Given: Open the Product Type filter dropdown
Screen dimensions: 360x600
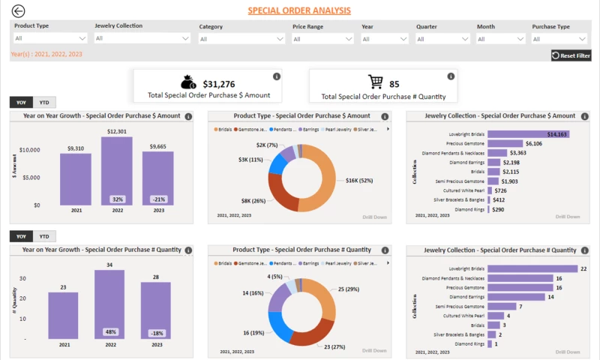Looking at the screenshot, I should click(x=50, y=37).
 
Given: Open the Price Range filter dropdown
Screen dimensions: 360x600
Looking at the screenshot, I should click(x=321, y=38).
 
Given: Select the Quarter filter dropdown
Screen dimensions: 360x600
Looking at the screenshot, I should click(x=441, y=38).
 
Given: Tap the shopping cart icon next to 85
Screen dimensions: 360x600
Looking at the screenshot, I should click(x=375, y=82).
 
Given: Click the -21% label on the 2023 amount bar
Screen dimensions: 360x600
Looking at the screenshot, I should click(x=158, y=199).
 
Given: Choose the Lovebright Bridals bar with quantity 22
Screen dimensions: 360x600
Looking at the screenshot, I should click(x=532, y=268).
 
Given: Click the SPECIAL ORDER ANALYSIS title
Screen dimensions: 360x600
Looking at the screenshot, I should click(x=298, y=11).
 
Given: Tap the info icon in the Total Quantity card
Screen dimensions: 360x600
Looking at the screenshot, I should click(x=451, y=76).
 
